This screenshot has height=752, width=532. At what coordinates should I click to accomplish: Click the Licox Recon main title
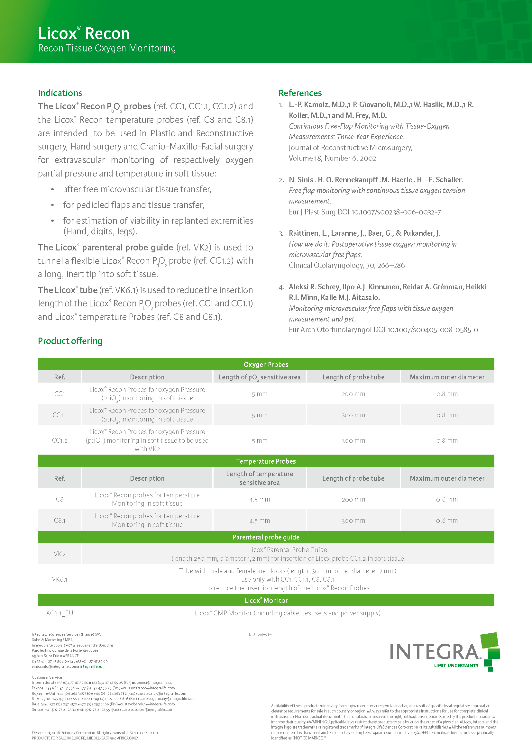tap(84, 33)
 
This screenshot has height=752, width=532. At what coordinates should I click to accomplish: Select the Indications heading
tap(60, 93)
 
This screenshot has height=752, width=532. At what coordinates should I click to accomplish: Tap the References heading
tap(300, 93)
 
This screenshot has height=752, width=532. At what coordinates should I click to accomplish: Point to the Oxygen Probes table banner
tap(266, 365)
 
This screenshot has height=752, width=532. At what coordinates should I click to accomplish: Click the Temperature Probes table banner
tap(266, 461)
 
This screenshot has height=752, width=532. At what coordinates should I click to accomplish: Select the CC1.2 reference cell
tap(60, 440)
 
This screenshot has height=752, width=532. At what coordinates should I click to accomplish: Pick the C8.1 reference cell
tap(60, 521)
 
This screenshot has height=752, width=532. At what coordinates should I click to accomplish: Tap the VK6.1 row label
tap(60, 579)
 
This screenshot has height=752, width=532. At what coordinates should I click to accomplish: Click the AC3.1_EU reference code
tap(60, 613)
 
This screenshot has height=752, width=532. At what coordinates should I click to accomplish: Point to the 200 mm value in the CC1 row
tap(353, 394)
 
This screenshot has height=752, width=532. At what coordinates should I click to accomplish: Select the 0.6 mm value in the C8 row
tap(447, 500)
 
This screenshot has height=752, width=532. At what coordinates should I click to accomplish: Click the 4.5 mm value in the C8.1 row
tap(260, 521)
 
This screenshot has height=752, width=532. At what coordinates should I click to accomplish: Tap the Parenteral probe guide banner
tap(266, 537)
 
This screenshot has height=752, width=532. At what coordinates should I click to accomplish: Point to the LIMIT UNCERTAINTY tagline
tap(456, 666)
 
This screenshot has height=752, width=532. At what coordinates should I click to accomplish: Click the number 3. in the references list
tap(281, 234)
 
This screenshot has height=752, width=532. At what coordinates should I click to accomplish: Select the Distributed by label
tap(260, 634)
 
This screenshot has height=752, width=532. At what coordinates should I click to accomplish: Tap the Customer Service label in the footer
tap(47, 677)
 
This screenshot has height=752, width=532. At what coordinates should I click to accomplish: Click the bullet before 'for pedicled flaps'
tap(52, 205)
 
